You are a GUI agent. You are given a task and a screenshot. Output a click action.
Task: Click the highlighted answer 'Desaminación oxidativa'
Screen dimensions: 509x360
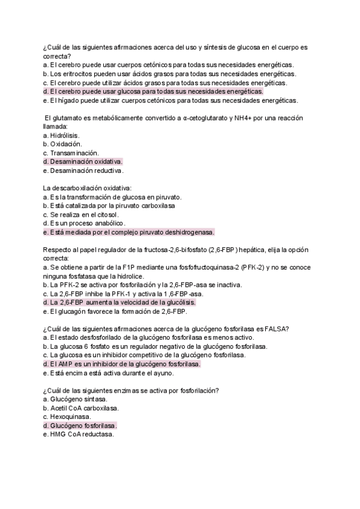(x=83, y=162)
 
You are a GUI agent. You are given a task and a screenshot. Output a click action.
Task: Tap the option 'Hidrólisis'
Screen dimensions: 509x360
(x=62, y=136)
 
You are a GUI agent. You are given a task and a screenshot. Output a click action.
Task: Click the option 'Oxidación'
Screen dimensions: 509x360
(x=63, y=145)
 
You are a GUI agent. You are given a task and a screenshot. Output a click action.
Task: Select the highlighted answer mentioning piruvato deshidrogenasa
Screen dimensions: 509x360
(x=129, y=232)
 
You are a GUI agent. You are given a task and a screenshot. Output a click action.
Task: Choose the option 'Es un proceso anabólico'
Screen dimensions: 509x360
(x=84, y=223)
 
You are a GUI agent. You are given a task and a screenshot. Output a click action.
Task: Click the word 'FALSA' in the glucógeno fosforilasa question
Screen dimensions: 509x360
(x=279, y=328)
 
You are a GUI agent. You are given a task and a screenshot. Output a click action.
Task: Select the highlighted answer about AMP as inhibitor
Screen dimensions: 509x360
(x=122, y=364)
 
